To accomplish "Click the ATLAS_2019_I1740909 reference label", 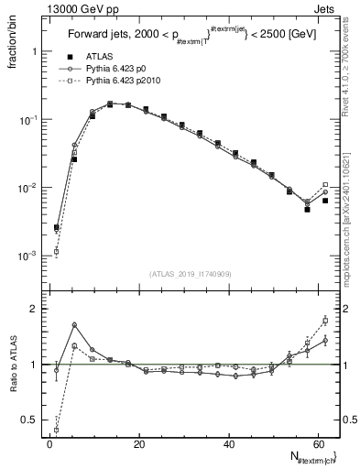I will [190, 273].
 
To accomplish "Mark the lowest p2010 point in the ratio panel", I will [57, 430].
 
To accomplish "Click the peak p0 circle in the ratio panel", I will [74, 325].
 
